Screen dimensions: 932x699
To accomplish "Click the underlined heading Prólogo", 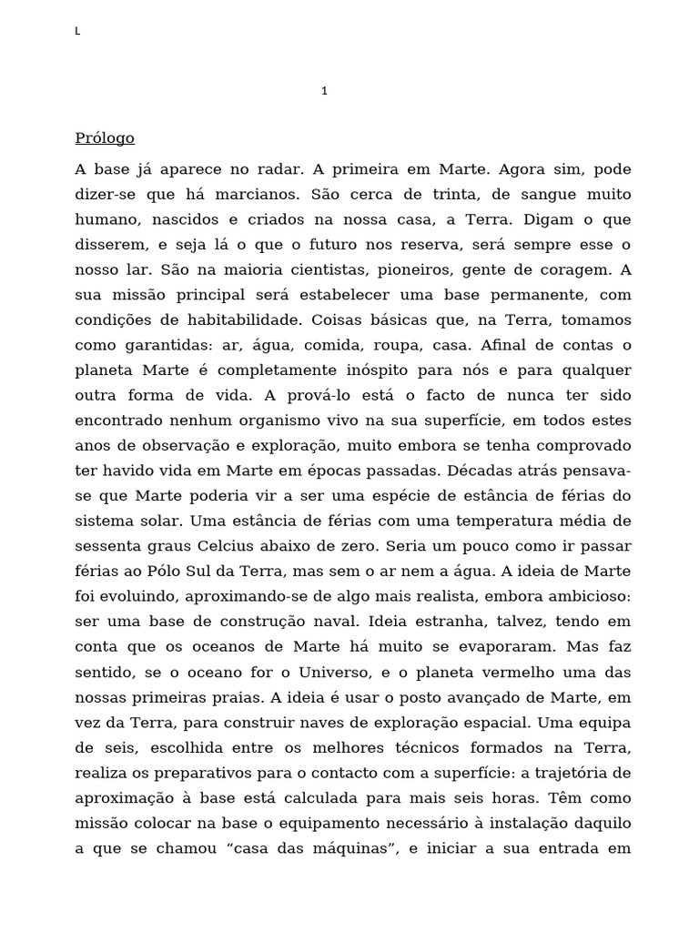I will tap(105, 138).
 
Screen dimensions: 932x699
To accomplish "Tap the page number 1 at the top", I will tap(325, 91).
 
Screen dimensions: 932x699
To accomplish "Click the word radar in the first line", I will tap(277, 169).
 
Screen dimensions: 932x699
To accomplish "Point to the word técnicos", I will tap(475, 748).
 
